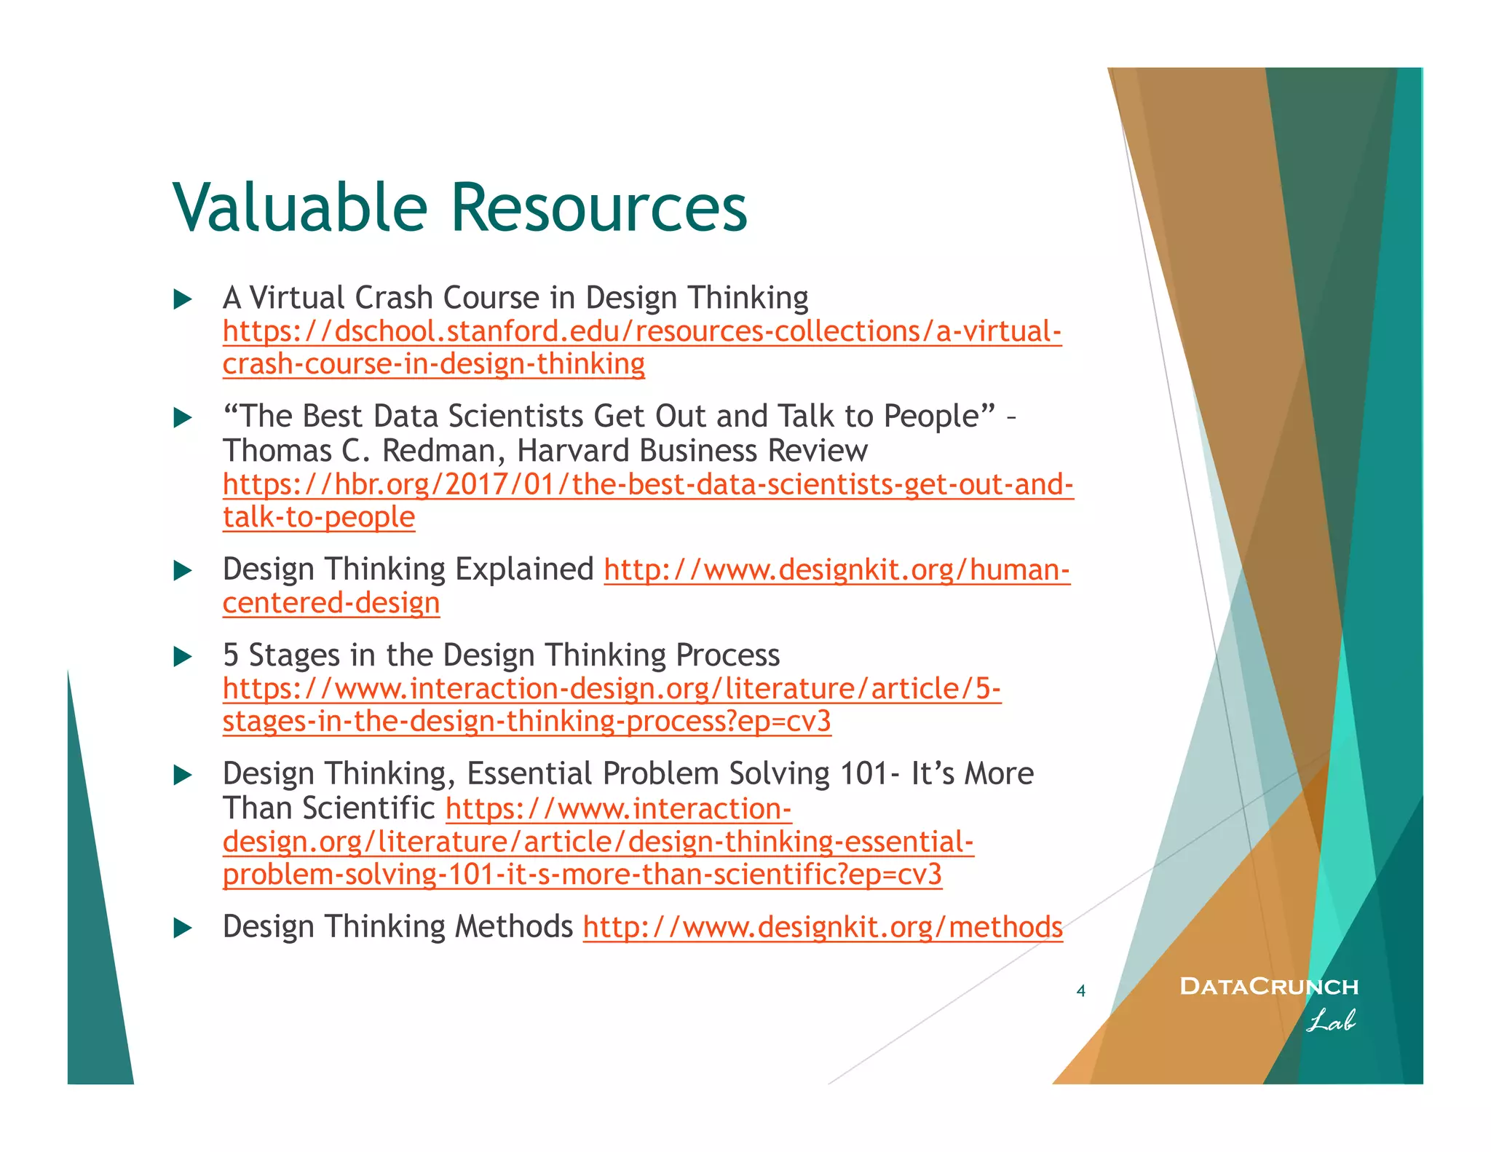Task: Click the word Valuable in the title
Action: (299, 208)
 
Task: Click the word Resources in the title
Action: (598, 208)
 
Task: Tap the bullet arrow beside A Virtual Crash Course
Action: (183, 299)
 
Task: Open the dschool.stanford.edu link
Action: (641, 332)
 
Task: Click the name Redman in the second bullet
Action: (438, 451)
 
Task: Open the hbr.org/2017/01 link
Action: (648, 485)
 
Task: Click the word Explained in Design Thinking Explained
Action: (524, 569)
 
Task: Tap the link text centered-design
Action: (331, 604)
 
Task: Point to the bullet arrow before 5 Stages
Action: (183, 657)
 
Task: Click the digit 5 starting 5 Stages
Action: (231, 655)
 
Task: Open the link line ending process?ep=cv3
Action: (526, 722)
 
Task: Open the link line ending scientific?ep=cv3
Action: (582, 875)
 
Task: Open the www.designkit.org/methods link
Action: (823, 928)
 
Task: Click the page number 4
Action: (1080, 991)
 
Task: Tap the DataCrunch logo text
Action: (1268, 987)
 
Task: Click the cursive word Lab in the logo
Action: (1330, 1021)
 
